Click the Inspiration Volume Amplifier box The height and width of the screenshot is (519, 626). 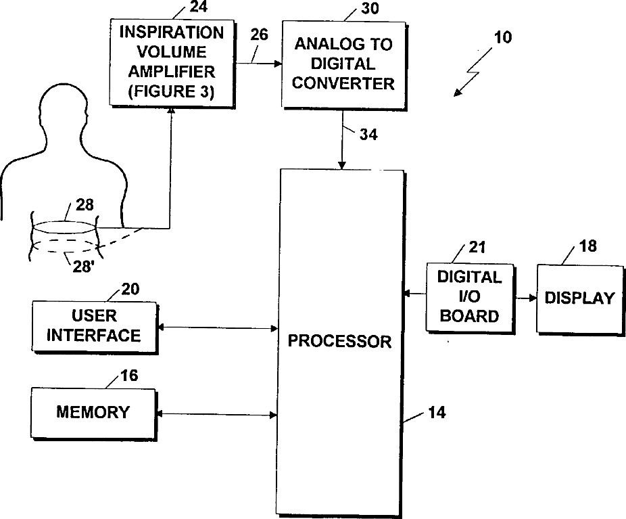171,61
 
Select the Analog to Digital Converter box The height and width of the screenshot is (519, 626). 343,64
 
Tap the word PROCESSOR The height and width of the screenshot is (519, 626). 339,340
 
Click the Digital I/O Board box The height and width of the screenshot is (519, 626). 469,296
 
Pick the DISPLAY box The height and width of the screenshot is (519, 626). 579,298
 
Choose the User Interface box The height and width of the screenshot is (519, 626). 93,325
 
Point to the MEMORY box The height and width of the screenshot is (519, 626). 93,411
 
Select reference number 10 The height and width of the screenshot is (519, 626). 503,37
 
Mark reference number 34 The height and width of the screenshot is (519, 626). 368,134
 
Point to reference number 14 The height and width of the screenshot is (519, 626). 437,411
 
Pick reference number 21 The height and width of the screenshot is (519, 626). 477,249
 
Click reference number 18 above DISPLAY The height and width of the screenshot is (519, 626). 588,245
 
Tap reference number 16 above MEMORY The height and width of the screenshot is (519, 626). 128,376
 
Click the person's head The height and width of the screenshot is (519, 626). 66,118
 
